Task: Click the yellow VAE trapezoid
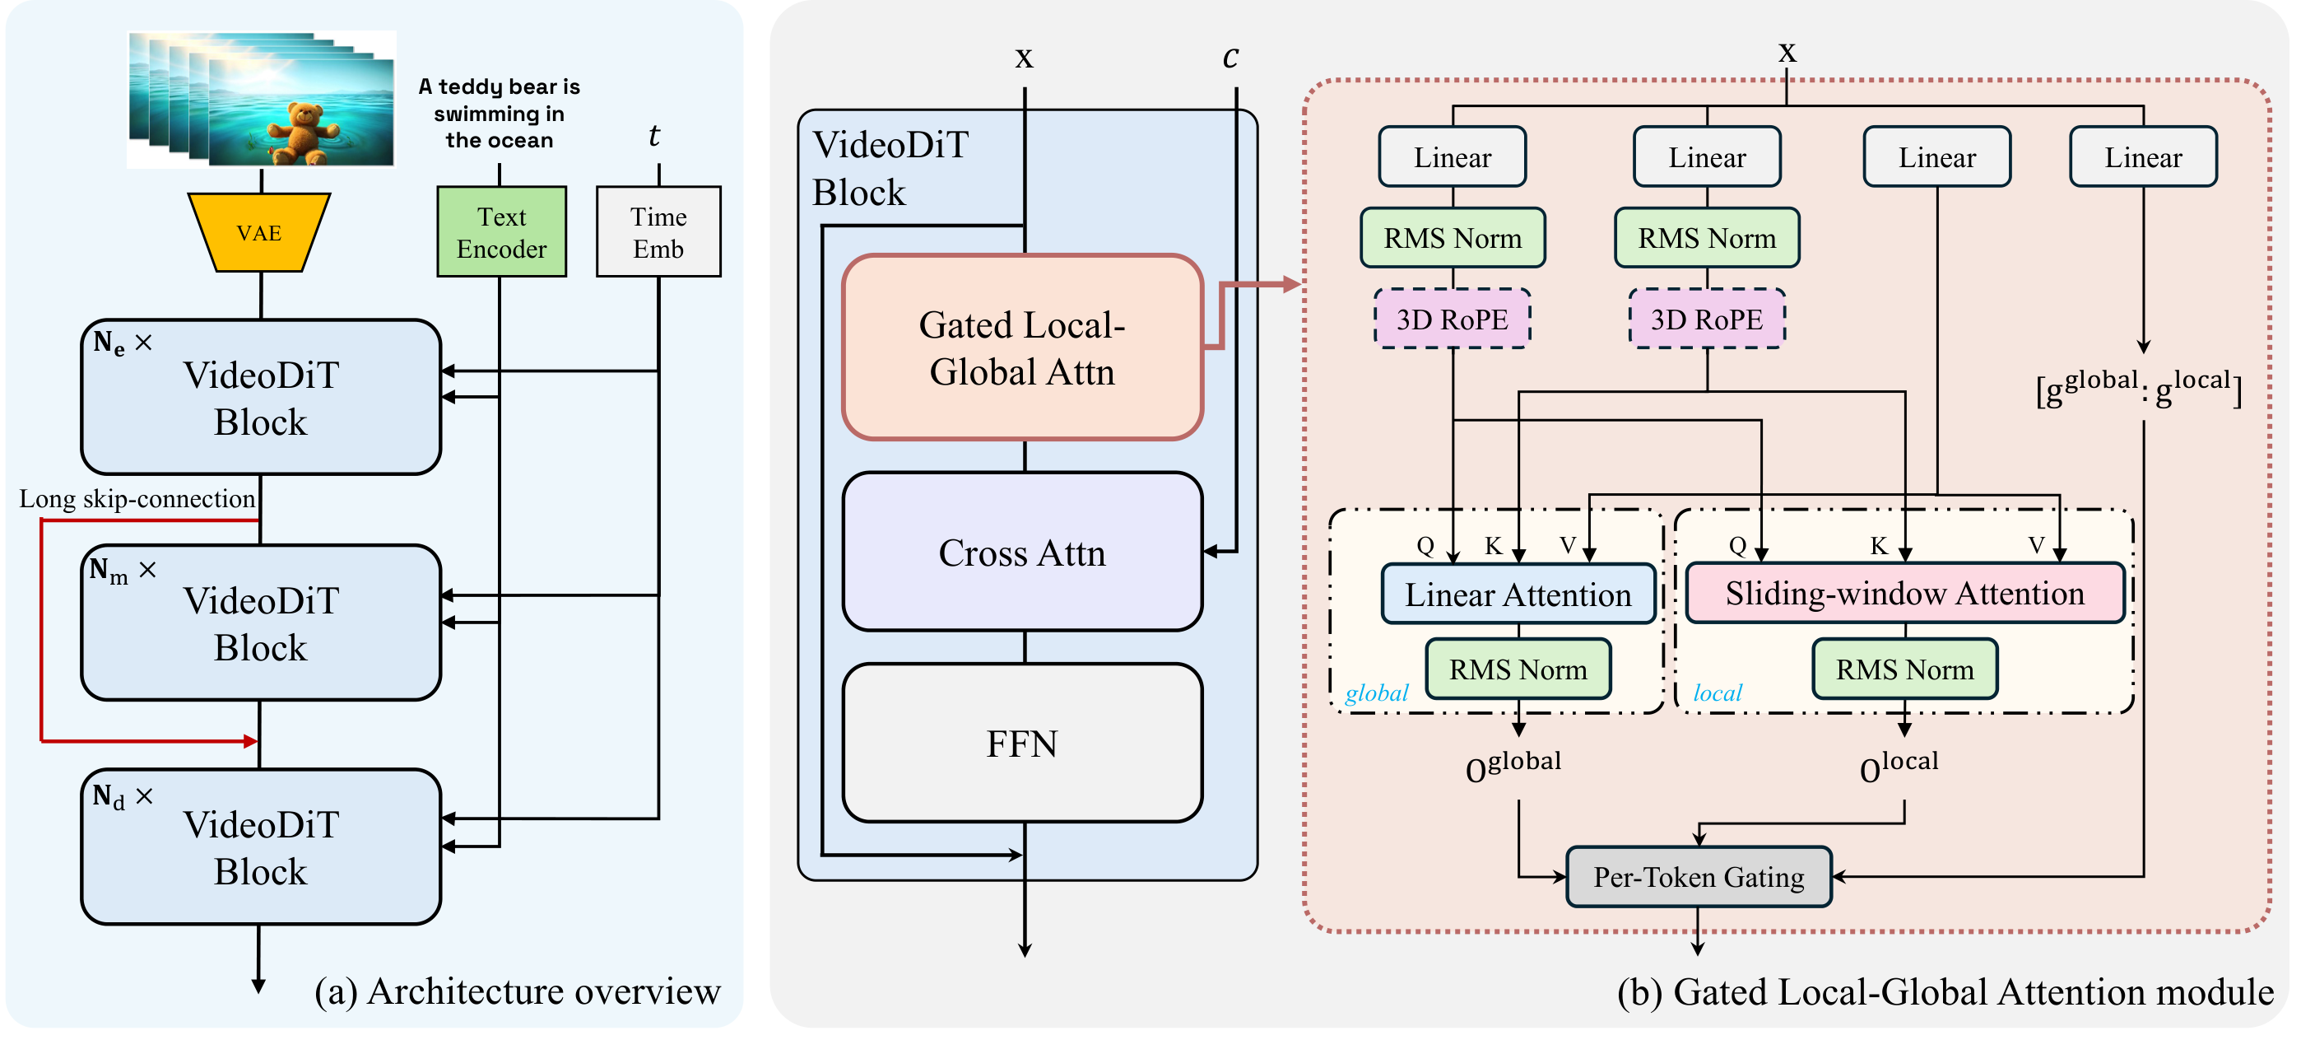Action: coord(259,233)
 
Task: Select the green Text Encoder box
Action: coord(501,232)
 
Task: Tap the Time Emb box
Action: coord(658,232)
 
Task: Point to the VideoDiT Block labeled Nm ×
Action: coord(261,623)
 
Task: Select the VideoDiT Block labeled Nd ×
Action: coord(261,847)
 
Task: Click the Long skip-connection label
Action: coord(137,498)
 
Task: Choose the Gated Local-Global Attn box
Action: coord(1022,348)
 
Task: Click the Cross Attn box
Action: coord(1022,553)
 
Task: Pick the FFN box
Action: coord(1022,744)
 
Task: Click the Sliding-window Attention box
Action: coord(1904,593)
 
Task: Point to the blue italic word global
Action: coord(1377,693)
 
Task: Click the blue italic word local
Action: coord(1717,693)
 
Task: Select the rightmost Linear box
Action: coord(2143,157)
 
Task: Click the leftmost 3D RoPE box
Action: coord(1452,319)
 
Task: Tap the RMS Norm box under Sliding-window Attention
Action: coord(1904,669)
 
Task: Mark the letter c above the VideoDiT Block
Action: coord(1230,56)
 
